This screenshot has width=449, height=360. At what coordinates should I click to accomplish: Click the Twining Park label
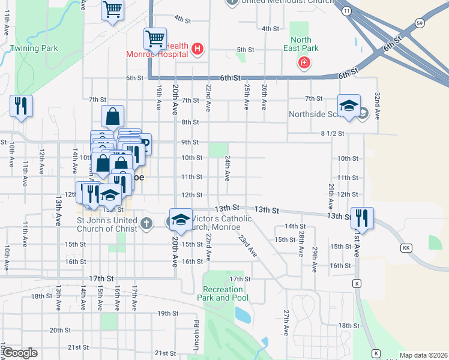tap(34, 48)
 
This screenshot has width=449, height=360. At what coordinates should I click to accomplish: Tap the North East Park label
tap(301, 44)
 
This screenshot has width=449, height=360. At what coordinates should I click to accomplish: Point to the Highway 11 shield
tap(346, 11)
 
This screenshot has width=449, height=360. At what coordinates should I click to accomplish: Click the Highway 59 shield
tap(420, 23)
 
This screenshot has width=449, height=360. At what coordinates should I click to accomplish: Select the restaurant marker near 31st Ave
tap(362, 217)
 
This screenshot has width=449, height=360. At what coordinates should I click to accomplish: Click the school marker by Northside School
tap(349, 106)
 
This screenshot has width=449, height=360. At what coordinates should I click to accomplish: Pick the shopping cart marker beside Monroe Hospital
tap(155, 39)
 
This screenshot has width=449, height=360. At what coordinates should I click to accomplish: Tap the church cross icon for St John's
tap(146, 224)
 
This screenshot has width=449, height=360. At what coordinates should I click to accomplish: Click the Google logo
tap(20, 353)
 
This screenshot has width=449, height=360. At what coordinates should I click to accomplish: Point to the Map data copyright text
tap(424, 355)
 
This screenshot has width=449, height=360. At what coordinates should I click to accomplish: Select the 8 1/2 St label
tap(332, 134)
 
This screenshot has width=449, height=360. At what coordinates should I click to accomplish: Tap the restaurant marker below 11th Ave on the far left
tap(21, 106)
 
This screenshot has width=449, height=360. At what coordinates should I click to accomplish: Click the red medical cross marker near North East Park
tap(304, 63)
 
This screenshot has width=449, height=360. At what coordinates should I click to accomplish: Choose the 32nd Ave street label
tap(377, 106)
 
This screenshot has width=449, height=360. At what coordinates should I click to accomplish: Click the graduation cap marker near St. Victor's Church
tap(180, 219)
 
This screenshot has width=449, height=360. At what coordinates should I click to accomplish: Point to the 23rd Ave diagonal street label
tap(247, 246)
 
